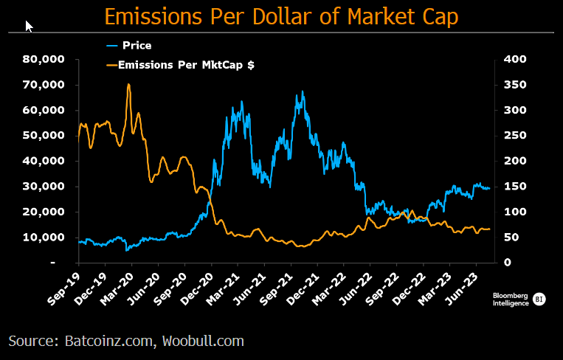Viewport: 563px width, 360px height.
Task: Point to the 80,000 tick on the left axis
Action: coord(46,59)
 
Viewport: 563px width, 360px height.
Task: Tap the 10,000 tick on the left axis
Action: coord(46,237)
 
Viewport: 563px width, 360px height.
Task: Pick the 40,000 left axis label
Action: coord(46,161)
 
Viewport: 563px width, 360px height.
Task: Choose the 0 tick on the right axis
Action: coord(506,263)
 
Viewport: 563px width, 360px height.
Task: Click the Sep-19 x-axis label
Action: coord(64,284)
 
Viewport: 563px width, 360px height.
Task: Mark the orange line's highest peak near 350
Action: coord(128,84)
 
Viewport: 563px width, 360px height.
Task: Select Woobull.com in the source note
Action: coord(205,341)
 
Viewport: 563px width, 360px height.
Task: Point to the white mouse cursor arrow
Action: coord(29,26)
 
